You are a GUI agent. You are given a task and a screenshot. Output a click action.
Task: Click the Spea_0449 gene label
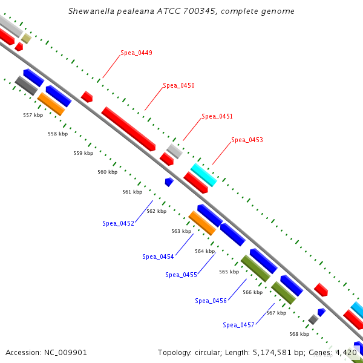click(x=136, y=53)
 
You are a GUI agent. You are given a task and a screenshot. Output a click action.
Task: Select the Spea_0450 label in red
click(x=178, y=86)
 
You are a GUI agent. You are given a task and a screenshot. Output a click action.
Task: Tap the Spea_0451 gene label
click(x=217, y=116)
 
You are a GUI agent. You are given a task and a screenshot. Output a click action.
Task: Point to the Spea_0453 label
click(x=247, y=140)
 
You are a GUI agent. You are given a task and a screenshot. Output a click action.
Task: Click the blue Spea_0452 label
click(x=118, y=223)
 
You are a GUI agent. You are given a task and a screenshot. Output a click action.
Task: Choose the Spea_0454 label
click(x=158, y=257)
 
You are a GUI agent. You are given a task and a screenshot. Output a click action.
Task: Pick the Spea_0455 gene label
click(x=181, y=275)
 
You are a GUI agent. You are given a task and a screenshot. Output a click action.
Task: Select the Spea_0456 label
click(x=211, y=301)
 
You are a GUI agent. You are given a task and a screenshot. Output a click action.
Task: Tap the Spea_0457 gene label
click(x=238, y=325)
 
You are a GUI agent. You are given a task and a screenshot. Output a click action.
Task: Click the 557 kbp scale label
click(x=33, y=115)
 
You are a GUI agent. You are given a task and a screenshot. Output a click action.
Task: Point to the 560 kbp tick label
click(x=108, y=172)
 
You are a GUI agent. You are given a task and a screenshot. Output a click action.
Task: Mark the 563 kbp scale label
click(x=181, y=231)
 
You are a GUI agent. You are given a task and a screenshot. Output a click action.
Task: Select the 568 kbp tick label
click(x=299, y=334)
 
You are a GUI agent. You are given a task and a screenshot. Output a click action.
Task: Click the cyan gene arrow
click(x=204, y=175)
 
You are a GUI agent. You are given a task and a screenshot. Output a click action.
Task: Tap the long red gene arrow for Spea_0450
click(x=128, y=129)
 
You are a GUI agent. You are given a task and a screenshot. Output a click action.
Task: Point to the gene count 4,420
click(x=345, y=352)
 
